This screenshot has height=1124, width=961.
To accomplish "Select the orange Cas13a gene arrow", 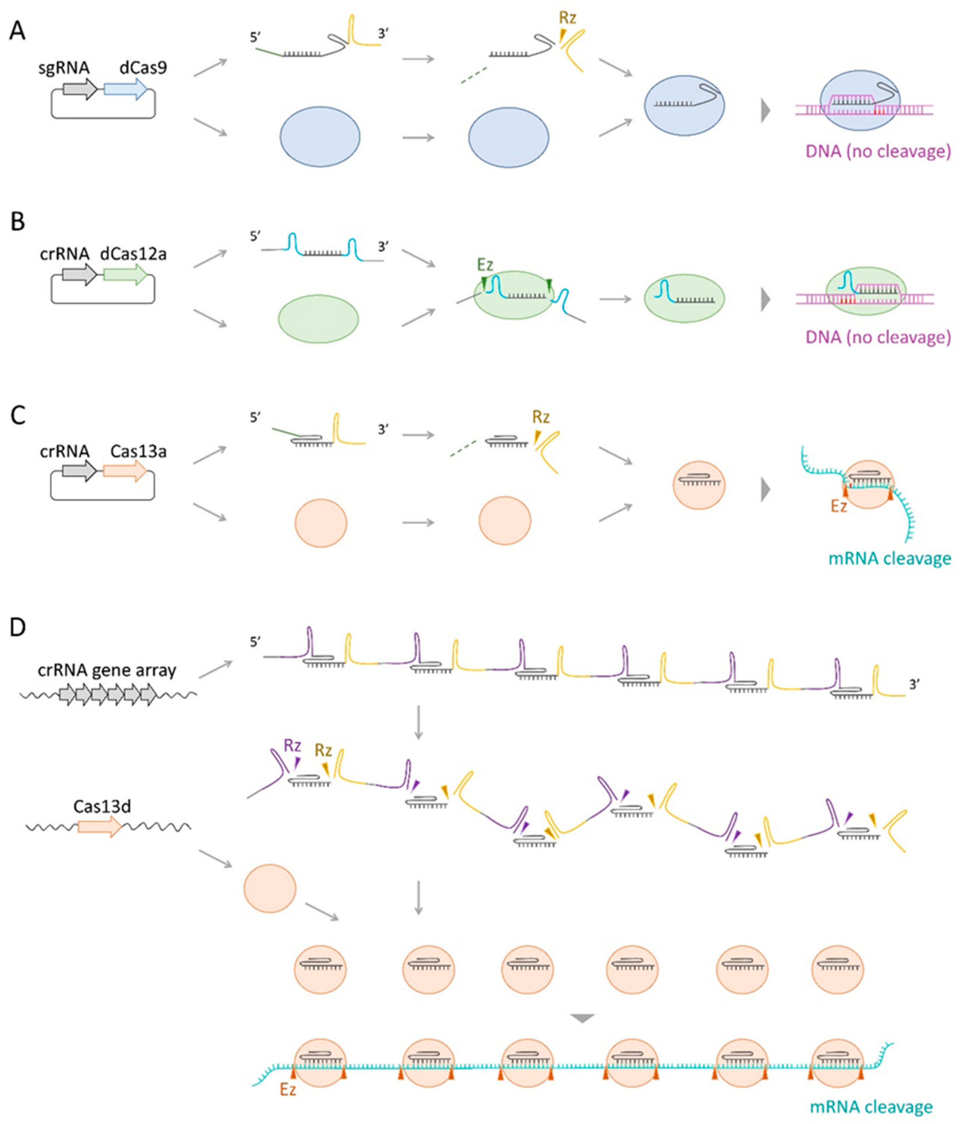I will pos(125,471).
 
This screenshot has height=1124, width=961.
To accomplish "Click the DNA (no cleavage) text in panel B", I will pos(878,337).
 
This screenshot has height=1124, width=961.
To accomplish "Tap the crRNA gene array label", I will pos(107,670).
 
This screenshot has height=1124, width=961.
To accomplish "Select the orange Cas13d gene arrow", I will pos(100,827).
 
